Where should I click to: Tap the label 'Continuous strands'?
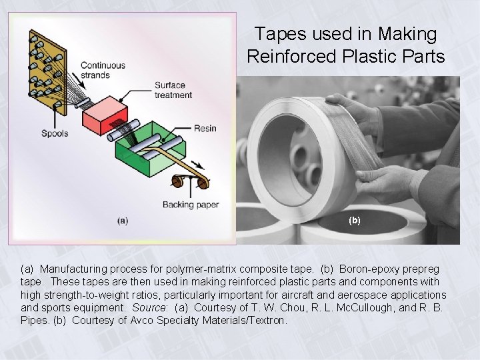(103, 70)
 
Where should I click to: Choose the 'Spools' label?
(55, 133)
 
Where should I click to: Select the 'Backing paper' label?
(190, 205)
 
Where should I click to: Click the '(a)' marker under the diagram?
(123, 221)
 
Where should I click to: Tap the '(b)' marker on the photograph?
(354, 220)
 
